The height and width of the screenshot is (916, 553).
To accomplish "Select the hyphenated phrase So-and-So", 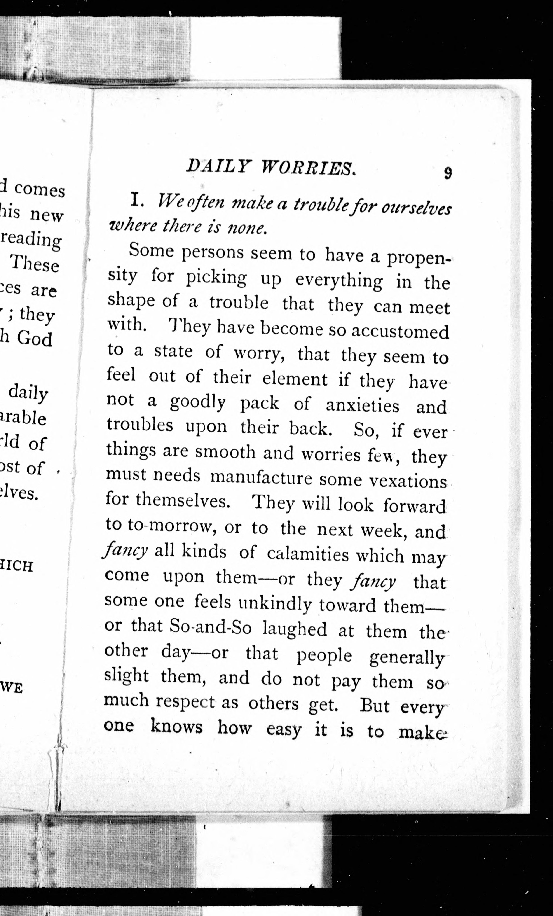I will [x=211, y=628].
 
